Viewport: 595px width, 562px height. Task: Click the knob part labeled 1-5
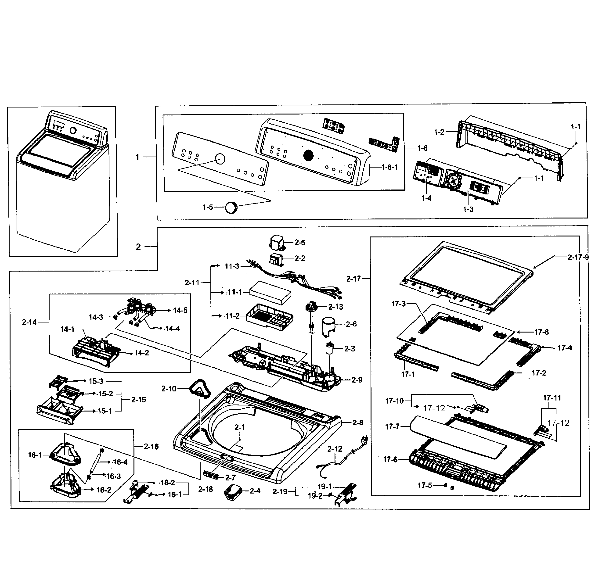(x=231, y=207)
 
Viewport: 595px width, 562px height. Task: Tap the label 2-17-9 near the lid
(x=578, y=257)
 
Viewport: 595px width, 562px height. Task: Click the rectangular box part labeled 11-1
(x=270, y=293)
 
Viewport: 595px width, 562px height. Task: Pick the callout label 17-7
(x=392, y=426)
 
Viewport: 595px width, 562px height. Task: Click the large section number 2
(x=138, y=247)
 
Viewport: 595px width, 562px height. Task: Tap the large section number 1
(x=137, y=157)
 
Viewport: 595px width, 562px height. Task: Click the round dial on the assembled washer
(x=73, y=131)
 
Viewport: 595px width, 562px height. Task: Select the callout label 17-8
(x=541, y=332)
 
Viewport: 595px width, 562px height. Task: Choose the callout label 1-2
(x=439, y=132)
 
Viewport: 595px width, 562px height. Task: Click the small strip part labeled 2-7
(x=211, y=474)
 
